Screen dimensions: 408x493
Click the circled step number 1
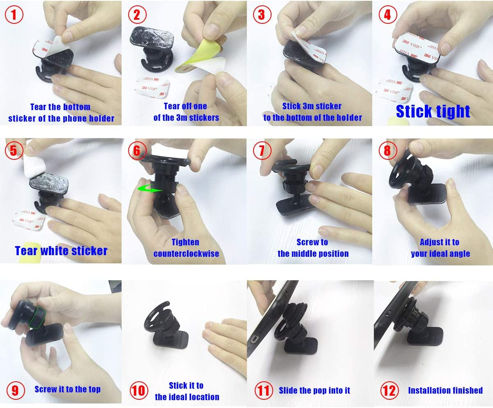pos(14,15)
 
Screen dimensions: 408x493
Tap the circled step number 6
pos(137,151)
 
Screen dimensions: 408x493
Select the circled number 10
pos(138,390)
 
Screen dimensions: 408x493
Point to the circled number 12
pos(388,390)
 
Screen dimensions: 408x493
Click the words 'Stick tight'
pos(433,111)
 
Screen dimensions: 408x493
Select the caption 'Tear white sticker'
pos(61,251)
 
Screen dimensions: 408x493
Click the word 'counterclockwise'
pos(186,254)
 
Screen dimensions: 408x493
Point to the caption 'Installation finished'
pos(445,390)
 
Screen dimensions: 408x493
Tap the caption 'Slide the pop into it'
pos(314,390)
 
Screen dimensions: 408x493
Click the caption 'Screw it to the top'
pos(67,389)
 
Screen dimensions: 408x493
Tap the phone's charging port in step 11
pos(255,341)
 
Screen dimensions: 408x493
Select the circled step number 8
pos(387,151)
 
